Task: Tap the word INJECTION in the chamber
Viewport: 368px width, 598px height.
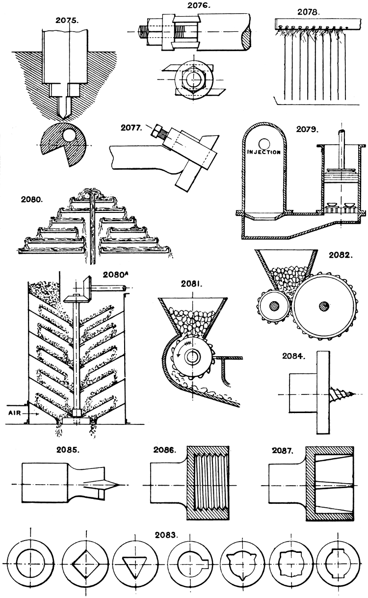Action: click(264, 152)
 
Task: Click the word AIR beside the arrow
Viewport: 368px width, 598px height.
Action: click(15, 413)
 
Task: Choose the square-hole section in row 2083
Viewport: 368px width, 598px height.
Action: click(84, 564)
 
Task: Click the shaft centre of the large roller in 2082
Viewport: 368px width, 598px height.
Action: click(323, 306)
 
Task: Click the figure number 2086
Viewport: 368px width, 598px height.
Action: click(160, 449)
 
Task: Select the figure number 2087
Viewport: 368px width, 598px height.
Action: click(283, 449)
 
